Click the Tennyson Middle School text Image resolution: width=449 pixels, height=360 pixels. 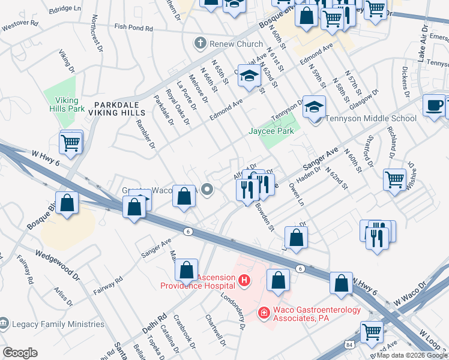tap(370, 118)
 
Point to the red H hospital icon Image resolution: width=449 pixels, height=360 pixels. tap(244, 280)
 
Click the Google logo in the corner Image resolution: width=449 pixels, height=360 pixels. tap(20, 352)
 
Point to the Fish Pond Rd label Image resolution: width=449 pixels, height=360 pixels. tap(133, 28)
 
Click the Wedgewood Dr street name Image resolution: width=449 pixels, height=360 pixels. tap(58, 265)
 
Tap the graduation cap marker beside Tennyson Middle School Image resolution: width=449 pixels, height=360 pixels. tap(314, 107)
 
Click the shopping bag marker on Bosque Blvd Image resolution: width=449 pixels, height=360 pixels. tap(67, 203)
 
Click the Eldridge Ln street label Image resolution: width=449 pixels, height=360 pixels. tap(64, 9)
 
